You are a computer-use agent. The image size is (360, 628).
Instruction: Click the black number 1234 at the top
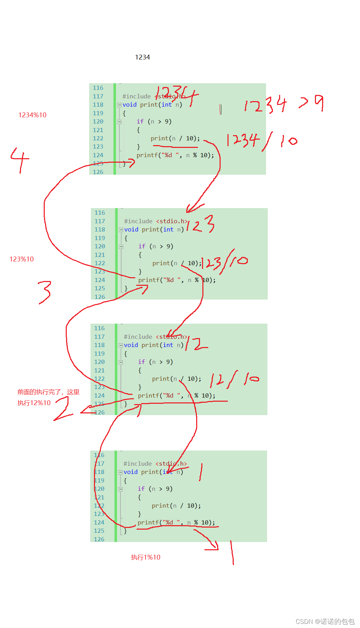pos(142,57)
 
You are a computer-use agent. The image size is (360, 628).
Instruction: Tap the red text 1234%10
pos(32,115)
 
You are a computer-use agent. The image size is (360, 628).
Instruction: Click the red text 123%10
pos(22,259)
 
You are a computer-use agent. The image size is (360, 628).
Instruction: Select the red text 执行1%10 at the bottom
pos(146,557)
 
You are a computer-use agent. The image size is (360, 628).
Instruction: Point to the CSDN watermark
pos(325,621)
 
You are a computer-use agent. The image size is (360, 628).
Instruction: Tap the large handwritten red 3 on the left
pos(45,292)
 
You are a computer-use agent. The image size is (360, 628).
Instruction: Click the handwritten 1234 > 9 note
pos(284,104)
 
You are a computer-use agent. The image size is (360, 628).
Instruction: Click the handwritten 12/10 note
pos(234,380)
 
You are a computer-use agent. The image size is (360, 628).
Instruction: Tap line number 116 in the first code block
pos(98,88)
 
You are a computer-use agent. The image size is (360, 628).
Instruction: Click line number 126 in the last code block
pos(99,539)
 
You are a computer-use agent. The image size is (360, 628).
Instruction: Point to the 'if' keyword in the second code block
pos(142,246)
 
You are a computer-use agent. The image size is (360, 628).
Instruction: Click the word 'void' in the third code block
pos(131,345)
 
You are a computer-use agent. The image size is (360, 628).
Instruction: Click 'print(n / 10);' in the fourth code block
pos(176,506)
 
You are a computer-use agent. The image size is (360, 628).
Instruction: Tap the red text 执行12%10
pos(34,403)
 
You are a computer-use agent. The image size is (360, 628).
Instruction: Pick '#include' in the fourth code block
pos(137,464)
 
